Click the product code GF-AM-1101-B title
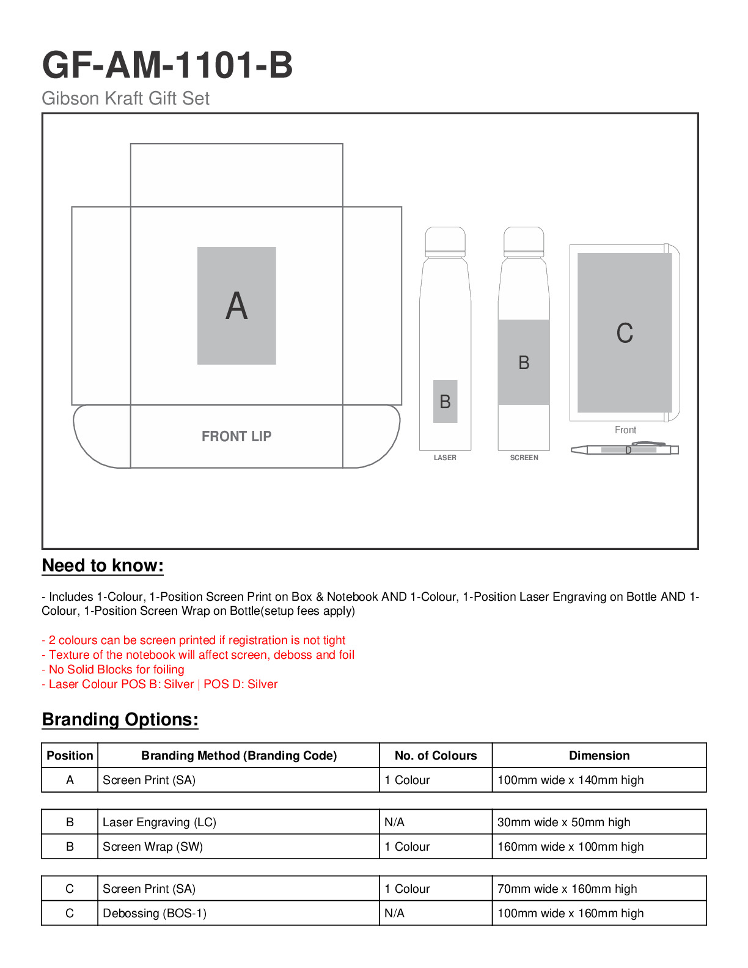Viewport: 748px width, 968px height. [167, 65]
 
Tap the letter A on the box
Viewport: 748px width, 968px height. [237, 306]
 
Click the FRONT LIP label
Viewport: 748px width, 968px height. [237, 436]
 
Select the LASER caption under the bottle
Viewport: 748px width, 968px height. [445, 458]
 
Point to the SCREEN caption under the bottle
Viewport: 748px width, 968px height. [524, 458]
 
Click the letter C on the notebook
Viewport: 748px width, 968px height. [625, 333]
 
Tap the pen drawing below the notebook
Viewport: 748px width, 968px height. [625, 449]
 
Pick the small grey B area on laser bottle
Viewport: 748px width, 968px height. [445, 402]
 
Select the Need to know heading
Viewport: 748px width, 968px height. [103, 566]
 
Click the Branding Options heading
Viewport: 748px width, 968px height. [120, 720]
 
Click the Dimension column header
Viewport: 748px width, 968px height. [599, 756]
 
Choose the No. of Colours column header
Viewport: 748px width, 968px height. [436, 756]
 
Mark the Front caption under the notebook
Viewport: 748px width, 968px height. [625, 430]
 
